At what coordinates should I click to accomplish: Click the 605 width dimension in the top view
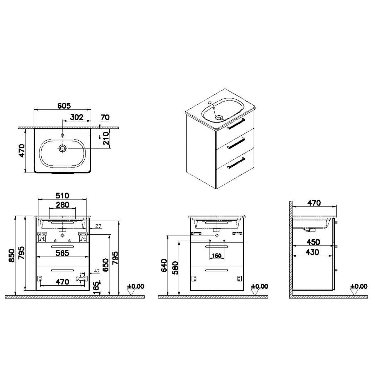tap(64, 106)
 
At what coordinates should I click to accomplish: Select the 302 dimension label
tap(77, 117)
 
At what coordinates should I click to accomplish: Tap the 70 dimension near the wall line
tap(105, 117)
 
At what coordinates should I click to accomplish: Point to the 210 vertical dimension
tap(106, 138)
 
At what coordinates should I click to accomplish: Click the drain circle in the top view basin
tap(62, 148)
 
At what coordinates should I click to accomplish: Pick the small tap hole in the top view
tap(62, 135)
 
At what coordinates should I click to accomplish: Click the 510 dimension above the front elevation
tap(62, 195)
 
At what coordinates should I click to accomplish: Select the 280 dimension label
tap(62, 205)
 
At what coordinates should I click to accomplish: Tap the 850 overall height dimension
tap(12, 256)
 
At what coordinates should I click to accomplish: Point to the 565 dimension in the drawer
tap(62, 253)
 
